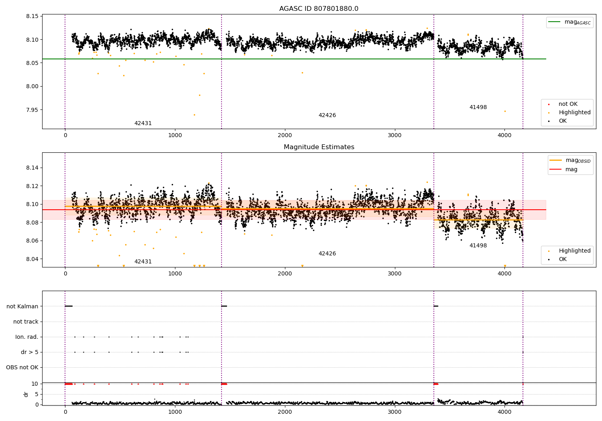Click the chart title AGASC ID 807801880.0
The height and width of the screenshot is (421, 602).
[x=319, y=8]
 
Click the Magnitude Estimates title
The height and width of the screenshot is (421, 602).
[x=319, y=147]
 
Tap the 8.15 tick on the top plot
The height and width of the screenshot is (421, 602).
[x=32, y=16]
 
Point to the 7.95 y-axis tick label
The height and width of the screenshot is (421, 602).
[x=32, y=110]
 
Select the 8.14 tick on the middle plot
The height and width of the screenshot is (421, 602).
[x=32, y=168]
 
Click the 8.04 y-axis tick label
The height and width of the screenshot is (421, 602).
[x=32, y=259]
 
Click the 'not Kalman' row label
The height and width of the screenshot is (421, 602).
[x=22, y=306]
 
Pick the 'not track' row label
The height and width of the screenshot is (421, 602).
[x=26, y=322]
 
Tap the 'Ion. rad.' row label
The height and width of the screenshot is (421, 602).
[x=26, y=337]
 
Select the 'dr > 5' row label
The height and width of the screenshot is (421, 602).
[x=30, y=352]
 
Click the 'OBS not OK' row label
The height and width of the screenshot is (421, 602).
[x=22, y=367]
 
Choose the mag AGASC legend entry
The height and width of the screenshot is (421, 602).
[x=570, y=22]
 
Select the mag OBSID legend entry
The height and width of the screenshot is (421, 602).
[x=570, y=160]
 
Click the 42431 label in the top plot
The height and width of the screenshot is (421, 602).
[x=143, y=123]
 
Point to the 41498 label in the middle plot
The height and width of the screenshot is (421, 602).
[x=478, y=245]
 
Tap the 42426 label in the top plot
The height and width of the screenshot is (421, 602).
[x=327, y=115]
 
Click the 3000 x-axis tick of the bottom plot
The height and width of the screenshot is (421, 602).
[x=395, y=412]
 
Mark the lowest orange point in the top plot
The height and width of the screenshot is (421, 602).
[x=194, y=115]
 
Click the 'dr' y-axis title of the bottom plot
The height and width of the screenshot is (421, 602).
[x=26, y=395]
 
